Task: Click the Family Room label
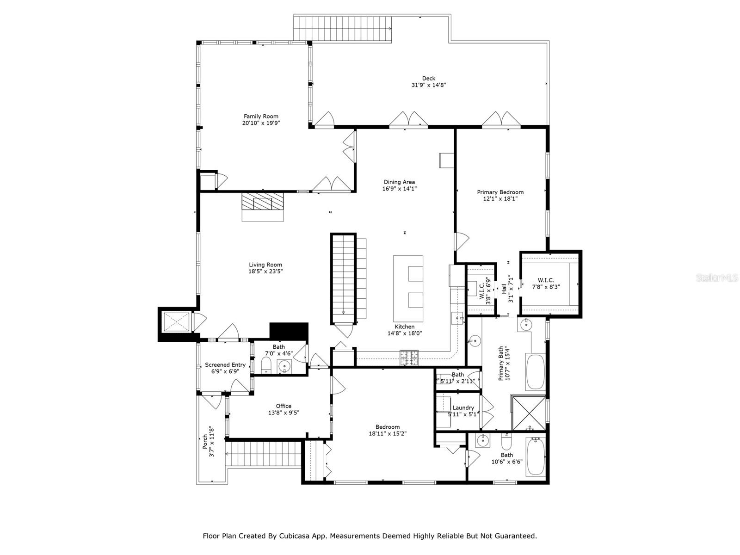tap(261, 117)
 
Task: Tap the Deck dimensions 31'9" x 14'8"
tap(428, 85)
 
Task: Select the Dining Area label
tap(399, 182)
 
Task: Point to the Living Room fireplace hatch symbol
tap(262, 202)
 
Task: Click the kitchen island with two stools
tap(408, 289)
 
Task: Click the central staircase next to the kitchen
tap(343, 277)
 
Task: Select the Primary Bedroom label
tap(500, 192)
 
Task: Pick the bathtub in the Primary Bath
tap(536, 371)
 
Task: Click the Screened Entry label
tap(225, 365)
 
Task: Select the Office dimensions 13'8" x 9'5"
tap(284, 413)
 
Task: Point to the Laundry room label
tap(463, 407)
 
